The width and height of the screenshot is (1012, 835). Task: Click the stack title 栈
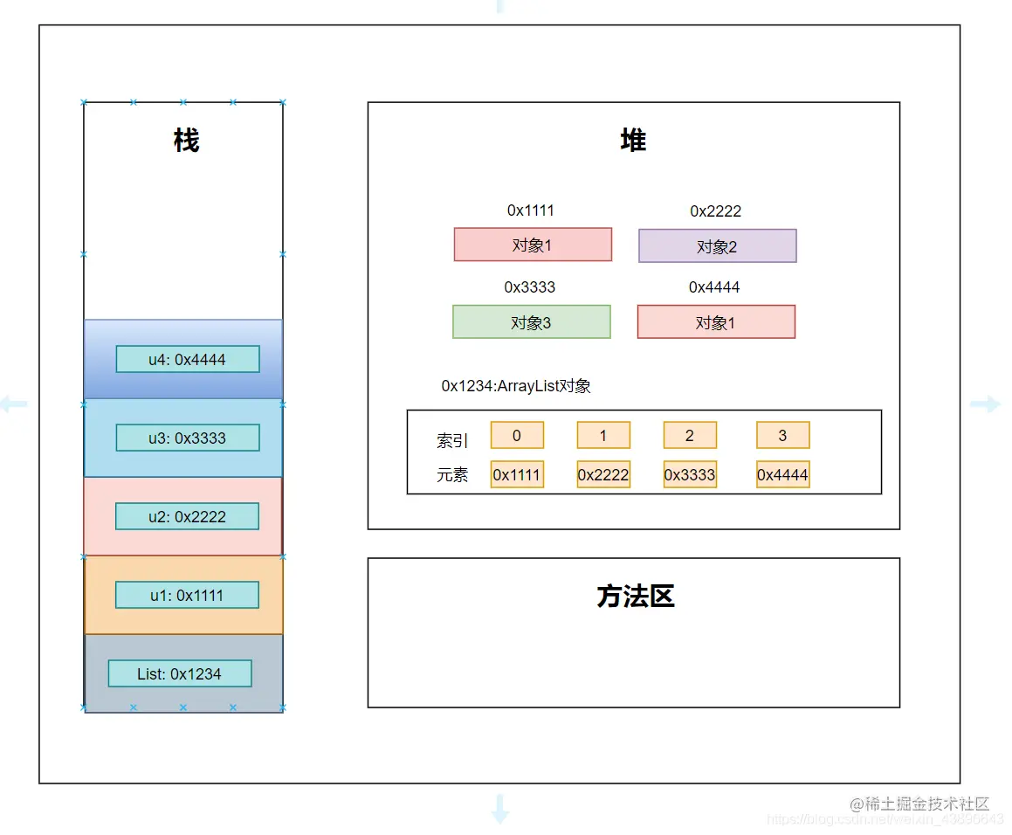(186, 141)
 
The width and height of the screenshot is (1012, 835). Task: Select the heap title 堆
(633, 141)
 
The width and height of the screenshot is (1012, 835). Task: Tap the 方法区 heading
(635, 597)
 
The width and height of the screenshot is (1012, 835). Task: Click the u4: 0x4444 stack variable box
(188, 359)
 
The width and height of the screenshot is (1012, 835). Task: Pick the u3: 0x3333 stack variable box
(188, 438)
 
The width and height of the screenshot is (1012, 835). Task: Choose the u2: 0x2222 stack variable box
(187, 516)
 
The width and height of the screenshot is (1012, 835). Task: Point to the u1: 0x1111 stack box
(187, 595)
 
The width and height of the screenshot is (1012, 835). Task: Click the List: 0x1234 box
(180, 673)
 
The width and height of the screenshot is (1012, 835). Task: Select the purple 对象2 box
(717, 246)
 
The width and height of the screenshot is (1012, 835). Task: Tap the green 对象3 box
(531, 322)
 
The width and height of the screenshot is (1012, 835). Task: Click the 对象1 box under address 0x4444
(716, 322)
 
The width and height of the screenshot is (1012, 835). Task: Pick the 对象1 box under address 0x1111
(533, 245)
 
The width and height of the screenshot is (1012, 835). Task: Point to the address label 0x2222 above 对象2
(715, 211)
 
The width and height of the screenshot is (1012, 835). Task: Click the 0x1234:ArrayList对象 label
(516, 386)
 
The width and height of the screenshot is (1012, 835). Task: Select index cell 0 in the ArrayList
(517, 435)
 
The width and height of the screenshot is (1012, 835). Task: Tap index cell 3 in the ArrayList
(782, 435)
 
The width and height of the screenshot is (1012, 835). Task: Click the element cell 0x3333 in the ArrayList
(690, 474)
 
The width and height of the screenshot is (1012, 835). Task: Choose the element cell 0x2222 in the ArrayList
(603, 474)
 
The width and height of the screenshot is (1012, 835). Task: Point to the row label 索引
(452, 441)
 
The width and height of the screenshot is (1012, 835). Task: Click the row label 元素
(452, 475)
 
